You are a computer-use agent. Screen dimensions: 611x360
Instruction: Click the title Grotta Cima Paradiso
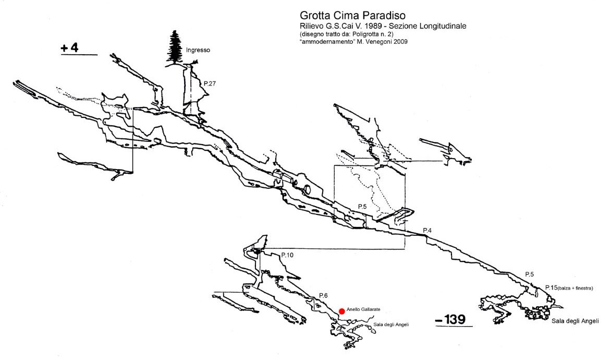[352, 16]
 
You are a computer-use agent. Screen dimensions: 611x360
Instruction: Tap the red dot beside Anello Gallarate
[342, 311]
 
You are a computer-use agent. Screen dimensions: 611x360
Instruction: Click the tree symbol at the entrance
[175, 47]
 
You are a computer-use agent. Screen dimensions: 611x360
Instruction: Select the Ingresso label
[198, 50]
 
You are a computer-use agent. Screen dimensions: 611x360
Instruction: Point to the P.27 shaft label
[210, 83]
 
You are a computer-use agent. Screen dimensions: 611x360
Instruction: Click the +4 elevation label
[70, 48]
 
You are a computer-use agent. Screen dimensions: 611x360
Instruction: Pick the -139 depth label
[450, 320]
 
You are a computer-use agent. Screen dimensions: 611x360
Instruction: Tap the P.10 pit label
[287, 255]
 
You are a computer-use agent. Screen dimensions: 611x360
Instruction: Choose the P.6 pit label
[323, 296]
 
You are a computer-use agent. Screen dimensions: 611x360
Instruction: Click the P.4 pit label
[427, 231]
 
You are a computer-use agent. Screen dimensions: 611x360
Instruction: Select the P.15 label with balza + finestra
[569, 288]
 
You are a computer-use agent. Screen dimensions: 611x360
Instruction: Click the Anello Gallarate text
[363, 309]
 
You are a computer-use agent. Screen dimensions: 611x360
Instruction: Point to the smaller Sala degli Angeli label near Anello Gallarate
[391, 325]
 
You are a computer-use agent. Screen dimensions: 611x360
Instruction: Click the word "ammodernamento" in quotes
[326, 42]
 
